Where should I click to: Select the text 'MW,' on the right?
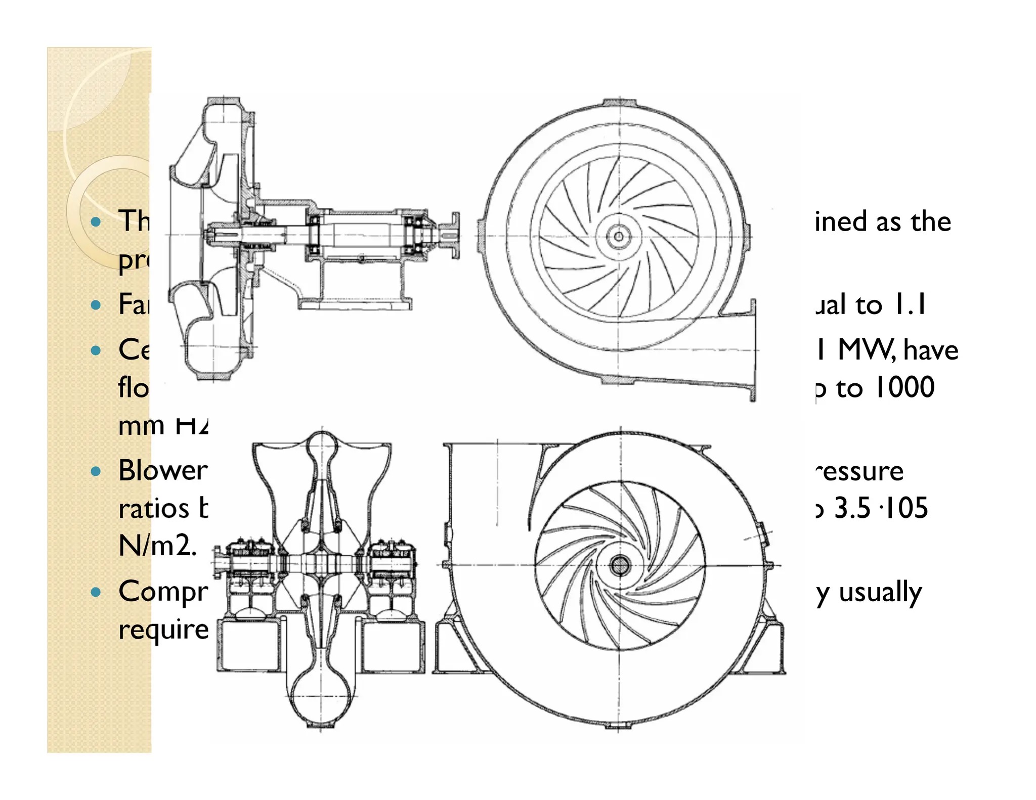click(869, 349)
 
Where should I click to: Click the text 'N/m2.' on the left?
click(157, 546)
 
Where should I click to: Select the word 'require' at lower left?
click(163, 630)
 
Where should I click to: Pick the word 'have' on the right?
click(931, 350)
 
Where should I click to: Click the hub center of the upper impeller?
click(618, 236)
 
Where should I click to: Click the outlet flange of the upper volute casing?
click(753, 350)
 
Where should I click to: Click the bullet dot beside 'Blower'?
click(96, 471)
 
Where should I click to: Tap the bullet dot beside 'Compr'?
click(96, 592)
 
